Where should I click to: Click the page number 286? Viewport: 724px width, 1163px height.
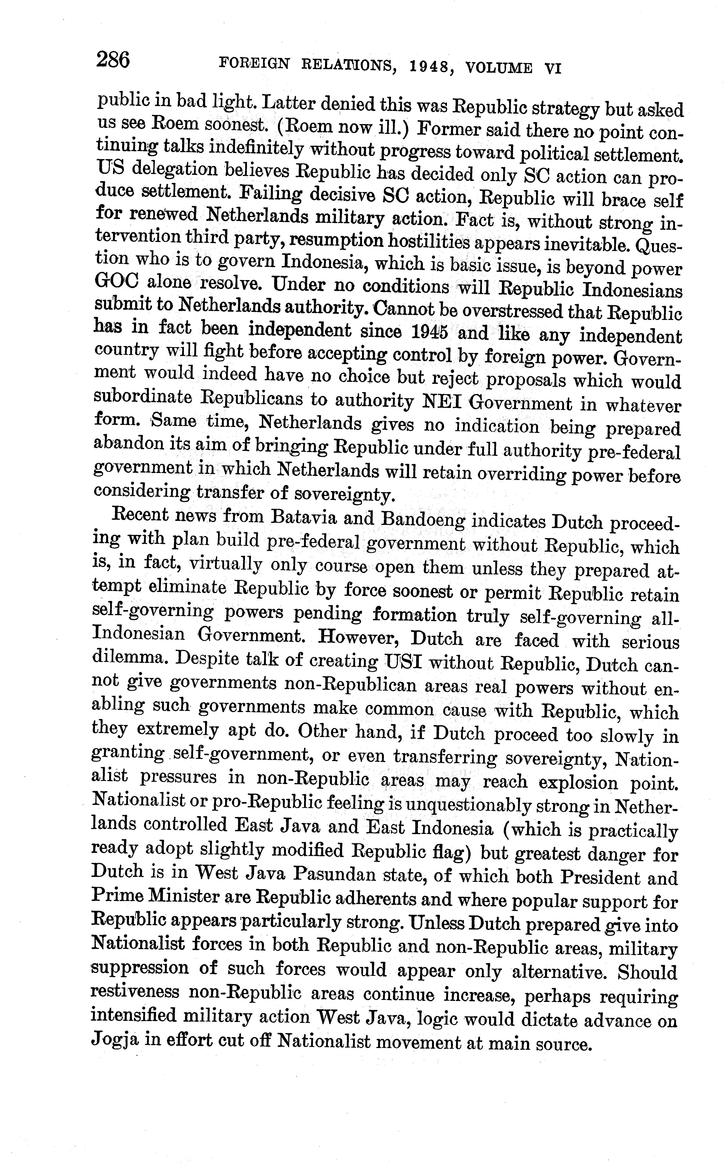coord(113,61)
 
